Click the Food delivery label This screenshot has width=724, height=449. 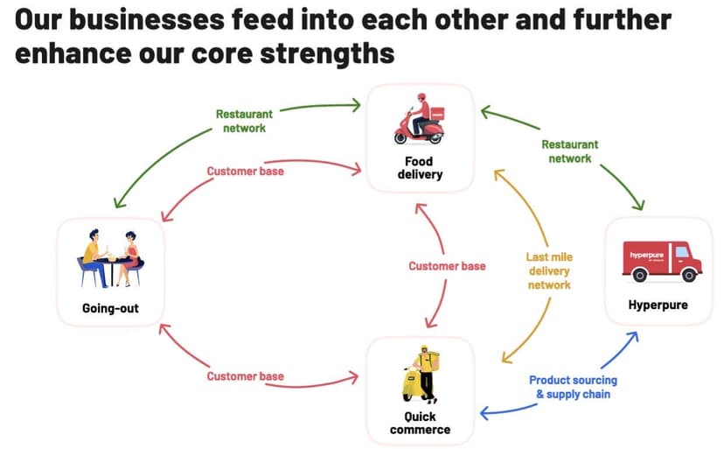pyautogui.click(x=420, y=167)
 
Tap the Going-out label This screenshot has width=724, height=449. pyautogui.click(x=110, y=308)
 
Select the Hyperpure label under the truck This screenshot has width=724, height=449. pyautogui.click(x=658, y=305)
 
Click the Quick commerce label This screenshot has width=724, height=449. pyautogui.click(x=421, y=423)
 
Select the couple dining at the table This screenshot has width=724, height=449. pyautogui.click(x=111, y=257)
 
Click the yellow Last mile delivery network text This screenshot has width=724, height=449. pyautogui.click(x=548, y=271)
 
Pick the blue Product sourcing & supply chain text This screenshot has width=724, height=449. pyautogui.click(x=573, y=387)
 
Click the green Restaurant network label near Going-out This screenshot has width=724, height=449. pyautogui.click(x=244, y=121)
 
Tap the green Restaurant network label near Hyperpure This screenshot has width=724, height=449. pyautogui.click(x=569, y=151)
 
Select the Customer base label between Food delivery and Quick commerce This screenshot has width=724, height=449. pyautogui.click(x=447, y=266)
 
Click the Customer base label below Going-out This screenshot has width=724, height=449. pyautogui.click(x=245, y=376)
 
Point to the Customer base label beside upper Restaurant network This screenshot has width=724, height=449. pyautogui.click(x=245, y=172)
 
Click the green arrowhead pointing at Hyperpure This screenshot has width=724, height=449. pyautogui.click(x=639, y=206)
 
